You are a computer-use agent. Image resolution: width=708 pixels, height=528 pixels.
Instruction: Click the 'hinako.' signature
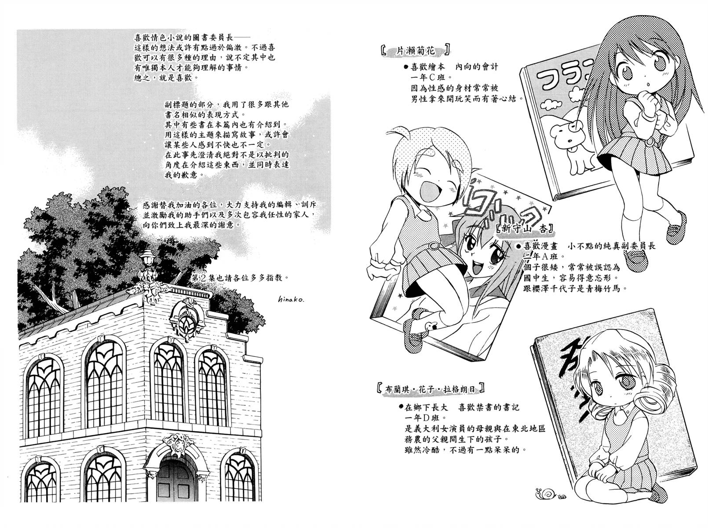pos(291,299)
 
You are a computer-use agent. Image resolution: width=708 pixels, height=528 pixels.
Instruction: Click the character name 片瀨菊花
pos(416,51)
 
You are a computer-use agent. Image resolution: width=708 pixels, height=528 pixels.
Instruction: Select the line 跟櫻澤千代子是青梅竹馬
pos(574,288)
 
